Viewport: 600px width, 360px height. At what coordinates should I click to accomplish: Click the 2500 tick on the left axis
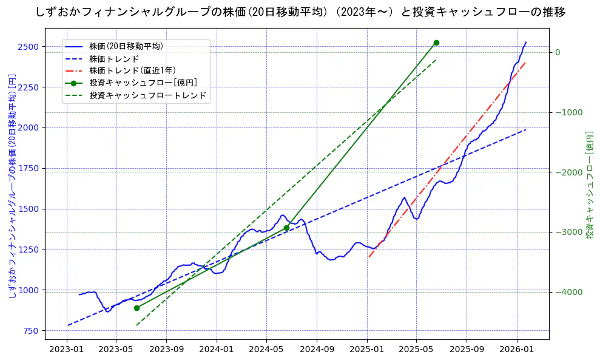(x=29, y=47)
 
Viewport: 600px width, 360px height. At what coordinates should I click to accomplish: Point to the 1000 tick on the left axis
(x=29, y=290)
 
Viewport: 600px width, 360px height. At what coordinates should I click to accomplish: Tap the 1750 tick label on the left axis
(x=29, y=168)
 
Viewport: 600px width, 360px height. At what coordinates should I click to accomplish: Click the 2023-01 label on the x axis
(x=66, y=350)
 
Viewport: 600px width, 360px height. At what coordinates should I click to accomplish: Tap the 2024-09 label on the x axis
(x=317, y=350)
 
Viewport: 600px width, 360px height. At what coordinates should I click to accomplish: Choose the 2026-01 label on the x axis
(x=516, y=350)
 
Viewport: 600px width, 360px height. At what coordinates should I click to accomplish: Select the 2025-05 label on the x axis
(x=416, y=350)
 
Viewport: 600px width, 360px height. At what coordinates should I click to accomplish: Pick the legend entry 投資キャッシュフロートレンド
(x=147, y=95)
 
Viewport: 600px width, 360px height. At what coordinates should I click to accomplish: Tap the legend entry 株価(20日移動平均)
(x=126, y=46)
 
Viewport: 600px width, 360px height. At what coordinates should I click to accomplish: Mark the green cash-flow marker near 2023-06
(x=137, y=308)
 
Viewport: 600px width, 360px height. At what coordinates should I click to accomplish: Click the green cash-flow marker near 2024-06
(x=286, y=228)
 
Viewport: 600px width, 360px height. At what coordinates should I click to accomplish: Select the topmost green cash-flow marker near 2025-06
(x=436, y=42)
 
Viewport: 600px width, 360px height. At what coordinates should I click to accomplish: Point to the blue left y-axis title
(x=12, y=185)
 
